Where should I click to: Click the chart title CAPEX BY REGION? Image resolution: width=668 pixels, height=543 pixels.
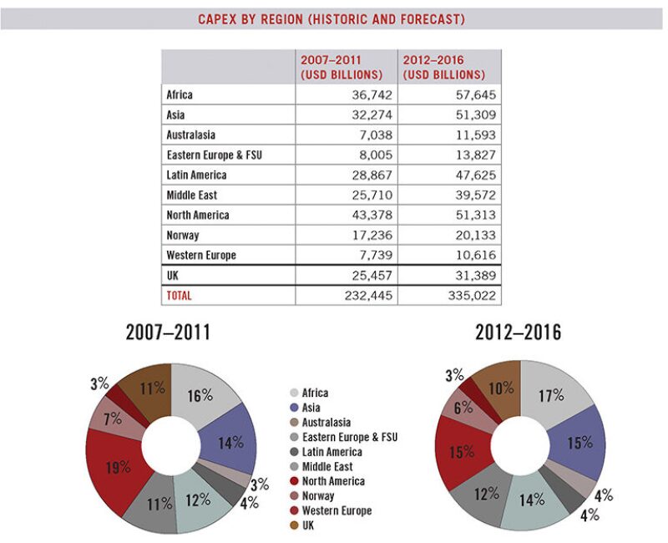pyautogui.click(x=331, y=18)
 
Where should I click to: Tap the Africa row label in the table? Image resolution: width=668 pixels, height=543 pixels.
pyautogui.click(x=180, y=95)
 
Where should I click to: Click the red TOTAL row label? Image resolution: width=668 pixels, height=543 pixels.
pyautogui.click(x=180, y=296)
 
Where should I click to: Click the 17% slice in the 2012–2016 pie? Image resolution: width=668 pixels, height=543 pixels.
pyautogui.click(x=551, y=395)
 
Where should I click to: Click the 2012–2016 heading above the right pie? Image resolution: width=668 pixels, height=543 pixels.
pyautogui.click(x=518, y=332)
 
